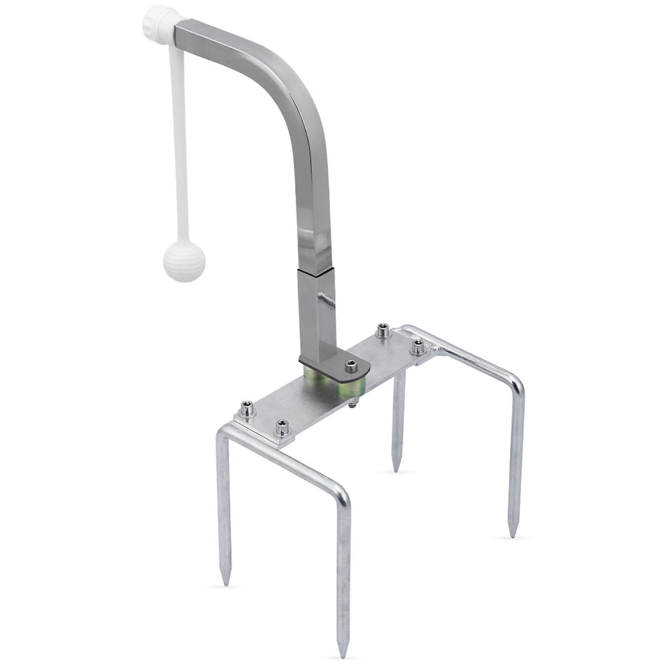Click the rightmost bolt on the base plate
418,347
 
